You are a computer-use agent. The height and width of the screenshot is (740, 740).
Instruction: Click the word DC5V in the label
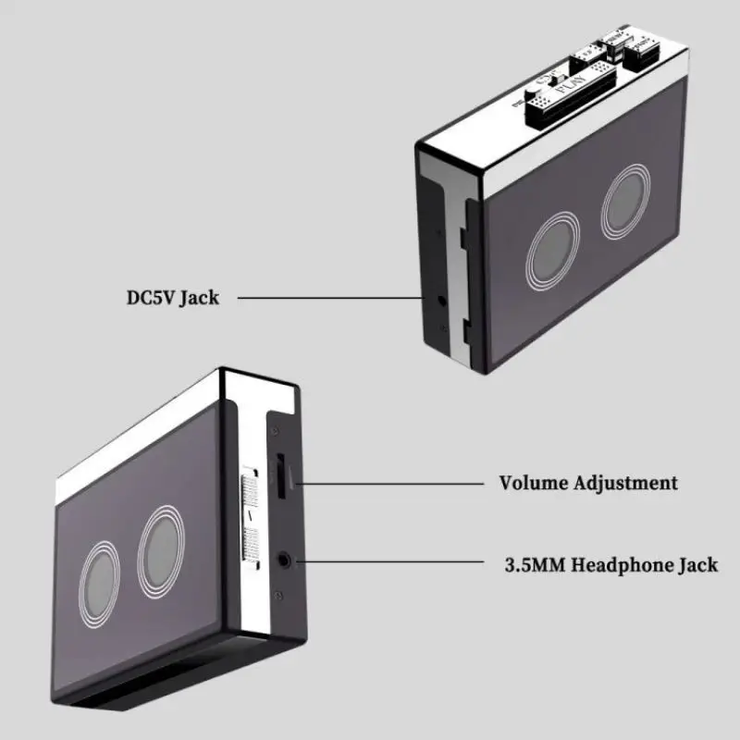click(151, 298)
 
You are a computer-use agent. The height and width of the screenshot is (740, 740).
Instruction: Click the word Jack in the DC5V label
click(200, 298)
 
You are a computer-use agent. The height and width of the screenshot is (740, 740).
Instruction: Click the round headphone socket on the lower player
click(285, 558)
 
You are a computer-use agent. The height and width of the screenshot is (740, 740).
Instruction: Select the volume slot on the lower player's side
click(281, 476)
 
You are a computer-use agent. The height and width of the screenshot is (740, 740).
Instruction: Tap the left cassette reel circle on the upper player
click(553, 249)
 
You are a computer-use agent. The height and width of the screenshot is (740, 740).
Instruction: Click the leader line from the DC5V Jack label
click(333, 298)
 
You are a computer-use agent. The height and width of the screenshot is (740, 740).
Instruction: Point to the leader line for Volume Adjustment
click(388, 482)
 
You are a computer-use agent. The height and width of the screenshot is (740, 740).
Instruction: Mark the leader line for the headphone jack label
click(388, 561)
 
